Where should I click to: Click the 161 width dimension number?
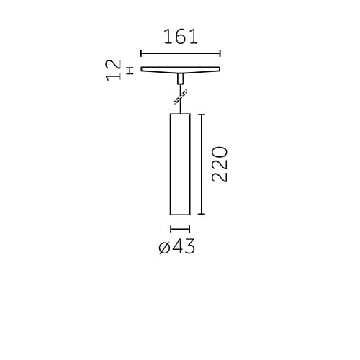[x=180, y=37]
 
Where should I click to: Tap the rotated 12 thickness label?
[x=113, y=70]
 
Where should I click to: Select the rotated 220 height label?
[x=220, y=163]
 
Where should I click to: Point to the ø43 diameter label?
[x=176, y=247]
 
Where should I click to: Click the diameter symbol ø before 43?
[x=163, y=248]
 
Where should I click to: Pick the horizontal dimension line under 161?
[x=180, y=53]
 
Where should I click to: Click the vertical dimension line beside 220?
[x=202, y=163]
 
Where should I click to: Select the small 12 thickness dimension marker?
[x=130, y=70]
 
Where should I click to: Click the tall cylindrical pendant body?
[x=180, y=163]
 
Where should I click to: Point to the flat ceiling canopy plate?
[x=180, y=70]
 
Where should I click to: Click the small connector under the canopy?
[x=180, y=78]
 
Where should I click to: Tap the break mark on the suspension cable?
[x=181, y=95]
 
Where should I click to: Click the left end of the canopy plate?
[x=143, y=69]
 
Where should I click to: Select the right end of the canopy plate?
[x=219, y=69]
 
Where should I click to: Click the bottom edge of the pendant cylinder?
[x=180, y=215]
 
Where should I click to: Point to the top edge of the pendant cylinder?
[x=180, y=113]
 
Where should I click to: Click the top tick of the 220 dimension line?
[x=202, y=113]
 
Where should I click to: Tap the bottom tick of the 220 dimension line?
[x=202, y=215]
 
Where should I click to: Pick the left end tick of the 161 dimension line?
[x=141, y=53]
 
